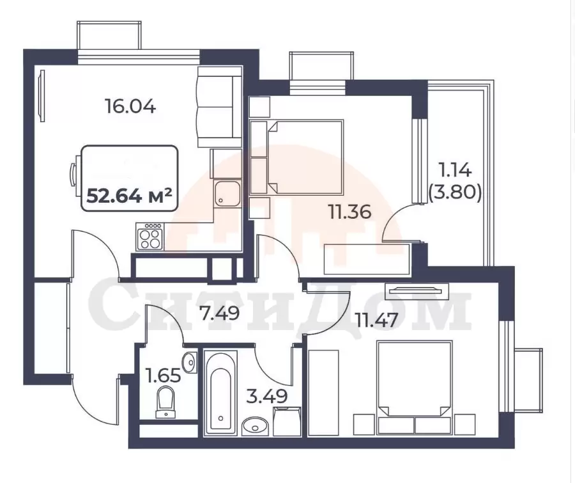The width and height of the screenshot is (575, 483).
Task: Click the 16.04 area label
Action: pyautogui.click(x=130, y=107)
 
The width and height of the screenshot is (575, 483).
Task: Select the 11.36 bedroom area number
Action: pyautogui.click(x=350, y=212)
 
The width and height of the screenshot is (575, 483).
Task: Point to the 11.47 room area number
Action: pyautogui.click(x=376, y=320)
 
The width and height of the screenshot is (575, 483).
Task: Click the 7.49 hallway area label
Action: pyautogui.click(x=219, y=313)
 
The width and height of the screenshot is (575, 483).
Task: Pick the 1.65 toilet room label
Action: pyautogui.click(x=163, y=376)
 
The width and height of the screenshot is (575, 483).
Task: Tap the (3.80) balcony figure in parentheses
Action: pyautogui.click(x=455, y=192)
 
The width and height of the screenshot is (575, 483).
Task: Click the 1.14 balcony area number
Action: pyautogui.click(x=455, y=170)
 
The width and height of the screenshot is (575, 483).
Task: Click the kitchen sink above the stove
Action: pyautogui.click(x=227, y=194)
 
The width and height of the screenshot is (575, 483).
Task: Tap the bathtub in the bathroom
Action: pyautogui.click(x=220, y=393)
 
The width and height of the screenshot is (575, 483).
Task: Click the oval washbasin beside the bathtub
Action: pyautogui.click(x=256, y=425)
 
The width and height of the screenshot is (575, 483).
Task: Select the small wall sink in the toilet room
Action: pyautogui.click(x=190, y=362)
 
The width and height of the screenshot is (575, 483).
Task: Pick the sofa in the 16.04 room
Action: pyautogui.click(x=220, y=107)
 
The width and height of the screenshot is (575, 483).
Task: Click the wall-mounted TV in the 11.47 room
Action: pyautogui.click(x=417, y=291)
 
